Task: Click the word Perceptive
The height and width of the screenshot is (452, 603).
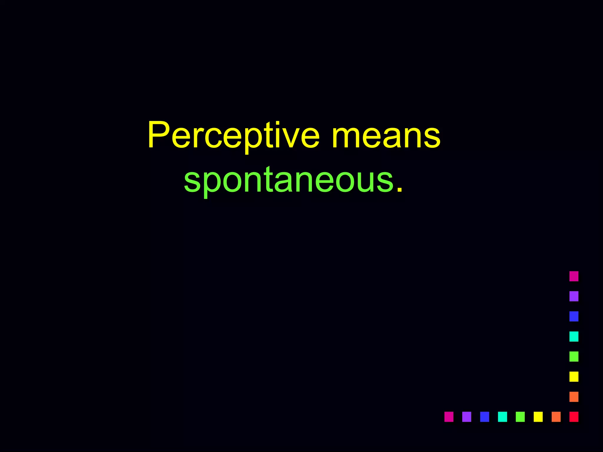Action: click(233, 136)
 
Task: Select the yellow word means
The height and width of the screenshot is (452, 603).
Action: click(386, 136)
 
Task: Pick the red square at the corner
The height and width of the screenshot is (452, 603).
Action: click(574, 417)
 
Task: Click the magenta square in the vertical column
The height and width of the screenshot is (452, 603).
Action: click(574, 276)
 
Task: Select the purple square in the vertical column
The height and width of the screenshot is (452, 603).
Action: click(574, 296)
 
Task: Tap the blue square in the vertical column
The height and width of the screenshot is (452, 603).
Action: click(574, 316)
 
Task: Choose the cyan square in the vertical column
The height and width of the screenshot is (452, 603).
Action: click(574, 336)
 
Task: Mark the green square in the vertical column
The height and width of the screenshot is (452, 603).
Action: click(574, 356)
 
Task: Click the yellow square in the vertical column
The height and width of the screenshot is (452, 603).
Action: click(574, 377)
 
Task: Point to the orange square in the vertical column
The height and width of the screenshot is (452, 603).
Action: click(574, 397)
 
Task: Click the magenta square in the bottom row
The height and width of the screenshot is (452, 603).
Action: click(449, 417)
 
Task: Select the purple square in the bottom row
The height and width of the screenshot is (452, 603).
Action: click(467, 417)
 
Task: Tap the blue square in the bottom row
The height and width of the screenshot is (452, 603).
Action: click(485, 417)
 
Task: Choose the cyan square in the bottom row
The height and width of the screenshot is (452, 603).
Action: click(502, 417)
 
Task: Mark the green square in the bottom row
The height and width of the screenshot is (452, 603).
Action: click(520, 417)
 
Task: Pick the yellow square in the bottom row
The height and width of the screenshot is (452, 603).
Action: click(538, 417)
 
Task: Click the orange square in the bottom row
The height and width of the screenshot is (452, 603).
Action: click(556, 417)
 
